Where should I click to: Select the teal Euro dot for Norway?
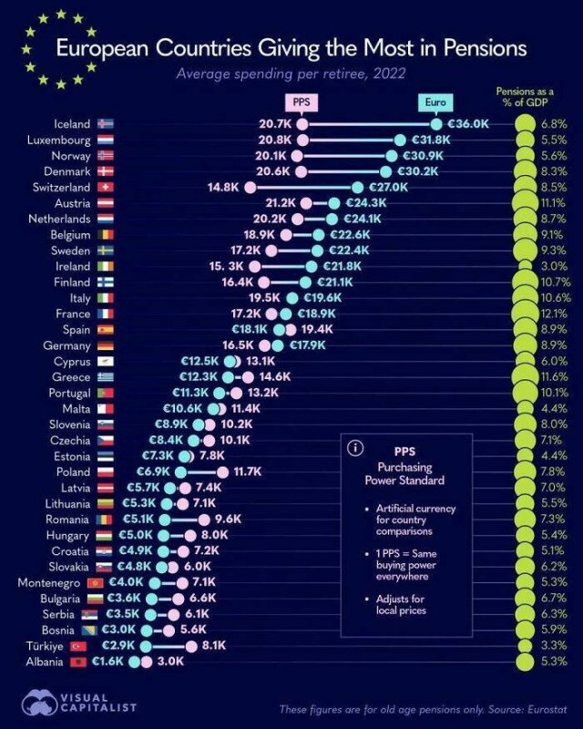(x=394, y=155)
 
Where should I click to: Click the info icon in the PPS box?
(x=355, y=448)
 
